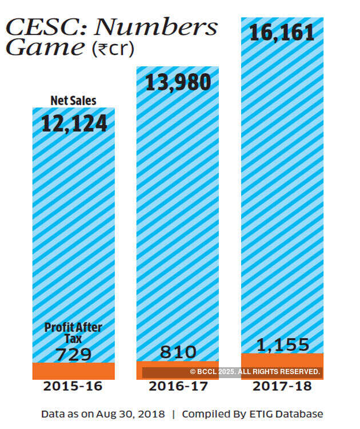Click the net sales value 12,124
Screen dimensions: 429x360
[74, 123]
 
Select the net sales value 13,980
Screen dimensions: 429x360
[178, 84]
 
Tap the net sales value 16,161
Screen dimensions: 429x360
[282, 32]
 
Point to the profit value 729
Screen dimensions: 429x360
[73, 355]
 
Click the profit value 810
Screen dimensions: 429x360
[178, 352]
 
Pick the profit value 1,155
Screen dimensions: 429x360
[282, 345]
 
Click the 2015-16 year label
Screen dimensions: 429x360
[73, 386]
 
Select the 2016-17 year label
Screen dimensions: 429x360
[178, 386]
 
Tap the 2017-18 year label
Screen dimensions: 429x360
[282, 386]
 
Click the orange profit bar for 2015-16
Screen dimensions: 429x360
[73, 371]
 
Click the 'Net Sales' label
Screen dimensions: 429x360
[73, 101]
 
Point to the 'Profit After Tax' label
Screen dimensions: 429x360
[73, 332]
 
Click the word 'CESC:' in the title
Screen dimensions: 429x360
[47, 27]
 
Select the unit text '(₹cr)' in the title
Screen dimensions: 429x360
[113, 49]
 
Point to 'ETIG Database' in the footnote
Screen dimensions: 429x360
[292, 414]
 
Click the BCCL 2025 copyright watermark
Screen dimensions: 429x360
[255, 372]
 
